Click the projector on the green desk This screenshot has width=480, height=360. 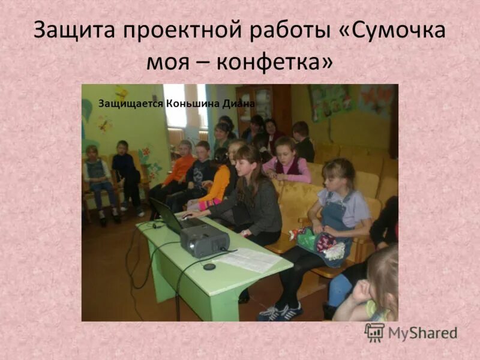[204, 240]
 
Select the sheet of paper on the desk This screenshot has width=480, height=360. [248, 259]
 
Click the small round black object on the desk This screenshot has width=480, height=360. [209, 266]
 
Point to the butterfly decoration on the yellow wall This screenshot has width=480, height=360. [104, 124]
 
